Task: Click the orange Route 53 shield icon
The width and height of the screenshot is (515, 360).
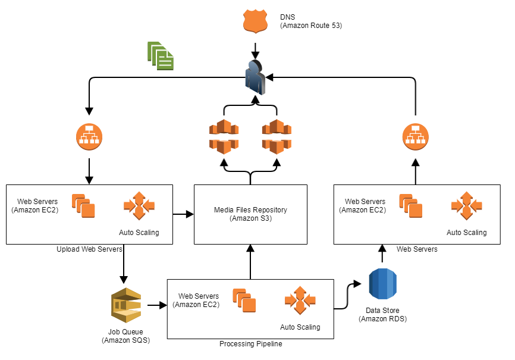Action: [255, 21]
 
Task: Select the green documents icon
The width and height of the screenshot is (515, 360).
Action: [161, 56]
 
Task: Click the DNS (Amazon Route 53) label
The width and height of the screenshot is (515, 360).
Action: [311, 21]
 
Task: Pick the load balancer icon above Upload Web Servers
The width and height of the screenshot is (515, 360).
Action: [89, 136]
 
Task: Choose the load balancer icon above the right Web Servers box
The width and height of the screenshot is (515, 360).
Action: [414, 136]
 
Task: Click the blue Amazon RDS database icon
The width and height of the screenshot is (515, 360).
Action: [382, 284]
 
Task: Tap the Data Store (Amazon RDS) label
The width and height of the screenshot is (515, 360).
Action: [383, 315]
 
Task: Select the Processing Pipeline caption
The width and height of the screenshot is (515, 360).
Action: [250, 344]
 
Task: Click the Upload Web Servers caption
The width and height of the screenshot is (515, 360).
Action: [89, 249]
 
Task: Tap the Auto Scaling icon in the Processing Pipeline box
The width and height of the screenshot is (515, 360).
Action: [300, 301]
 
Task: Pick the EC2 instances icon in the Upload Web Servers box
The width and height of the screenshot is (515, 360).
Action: [83, 206]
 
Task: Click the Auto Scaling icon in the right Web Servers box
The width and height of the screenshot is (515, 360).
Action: [466, 206]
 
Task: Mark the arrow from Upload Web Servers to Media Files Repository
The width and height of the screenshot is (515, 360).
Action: [183, 213]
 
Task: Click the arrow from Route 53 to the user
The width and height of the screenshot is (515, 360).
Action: [255, 48]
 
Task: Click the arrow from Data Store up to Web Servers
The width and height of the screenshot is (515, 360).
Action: [381, 254]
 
